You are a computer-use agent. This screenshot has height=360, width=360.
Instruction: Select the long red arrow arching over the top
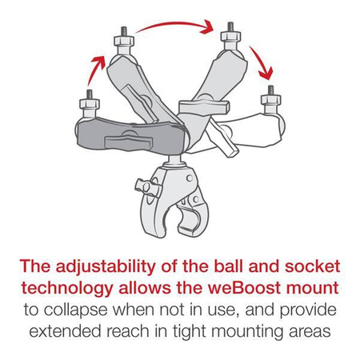click(178, 28)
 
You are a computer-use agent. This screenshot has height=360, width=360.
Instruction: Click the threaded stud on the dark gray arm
click(86, 102)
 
